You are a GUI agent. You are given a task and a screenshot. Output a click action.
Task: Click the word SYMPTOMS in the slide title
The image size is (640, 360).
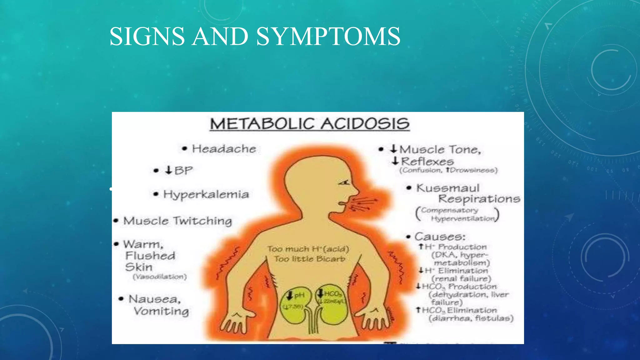click(328, 37)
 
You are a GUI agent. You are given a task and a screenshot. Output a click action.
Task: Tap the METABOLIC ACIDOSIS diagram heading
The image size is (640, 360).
click(309, 124)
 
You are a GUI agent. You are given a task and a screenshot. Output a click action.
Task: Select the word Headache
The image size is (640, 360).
click(224, 149)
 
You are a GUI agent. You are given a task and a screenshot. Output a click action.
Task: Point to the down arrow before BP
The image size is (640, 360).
click(169, 170)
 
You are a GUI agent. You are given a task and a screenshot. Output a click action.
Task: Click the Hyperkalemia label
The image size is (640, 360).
click(206, 194)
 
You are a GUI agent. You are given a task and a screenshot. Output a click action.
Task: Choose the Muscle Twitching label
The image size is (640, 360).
click(177, 221)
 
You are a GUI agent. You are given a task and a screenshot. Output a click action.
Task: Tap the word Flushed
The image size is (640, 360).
click(150, 256)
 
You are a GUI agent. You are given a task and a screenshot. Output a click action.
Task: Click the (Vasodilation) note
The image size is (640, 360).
click(160, 277)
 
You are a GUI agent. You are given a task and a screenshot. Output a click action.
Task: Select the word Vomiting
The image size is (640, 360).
click(161, 311)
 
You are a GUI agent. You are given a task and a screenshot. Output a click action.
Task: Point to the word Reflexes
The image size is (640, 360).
click(427, 162)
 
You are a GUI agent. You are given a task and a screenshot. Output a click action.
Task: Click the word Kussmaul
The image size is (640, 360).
click(448, 188)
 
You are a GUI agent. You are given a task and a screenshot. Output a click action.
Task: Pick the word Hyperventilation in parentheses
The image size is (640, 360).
click(463, 219)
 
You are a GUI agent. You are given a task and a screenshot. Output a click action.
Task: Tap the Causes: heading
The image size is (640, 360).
click(440, 237)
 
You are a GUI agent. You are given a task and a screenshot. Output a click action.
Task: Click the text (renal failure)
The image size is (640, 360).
click(461, 278)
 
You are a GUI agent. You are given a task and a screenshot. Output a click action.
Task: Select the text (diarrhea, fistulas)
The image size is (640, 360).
click(471, 318)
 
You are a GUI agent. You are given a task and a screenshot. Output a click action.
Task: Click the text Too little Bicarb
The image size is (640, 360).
click(309, 259)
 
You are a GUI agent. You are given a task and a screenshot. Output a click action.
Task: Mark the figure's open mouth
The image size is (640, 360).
click(343, 203)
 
